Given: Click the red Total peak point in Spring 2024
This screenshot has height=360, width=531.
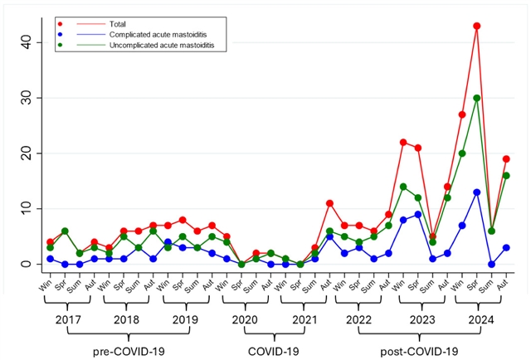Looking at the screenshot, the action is pyautogui.click(x=477, y=26).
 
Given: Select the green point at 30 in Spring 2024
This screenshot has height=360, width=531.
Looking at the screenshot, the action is pyautogui.click(x=477, y=98).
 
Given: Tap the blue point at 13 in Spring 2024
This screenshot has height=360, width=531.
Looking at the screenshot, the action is pyautogui.click(x=477, y=192).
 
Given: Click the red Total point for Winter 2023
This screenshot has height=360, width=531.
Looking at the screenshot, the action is pyautogui.click(x=403, y=142).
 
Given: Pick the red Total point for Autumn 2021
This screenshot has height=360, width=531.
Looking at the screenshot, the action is pyautogui.click(x=329, y=203).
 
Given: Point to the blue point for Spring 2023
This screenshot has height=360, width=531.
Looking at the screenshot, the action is pyautogui.click(x=418, y=214).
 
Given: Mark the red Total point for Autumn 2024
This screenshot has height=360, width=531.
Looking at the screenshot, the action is pyautogui.click(x=506, y=158).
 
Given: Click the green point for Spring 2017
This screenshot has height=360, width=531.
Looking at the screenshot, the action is pyautogui.click(x=65, y=231).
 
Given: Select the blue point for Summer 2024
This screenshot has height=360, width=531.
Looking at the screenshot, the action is pyautogui.click(x=491, y=264).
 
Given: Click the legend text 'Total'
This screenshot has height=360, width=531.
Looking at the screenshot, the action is pyautogui.click(x=118, y=24).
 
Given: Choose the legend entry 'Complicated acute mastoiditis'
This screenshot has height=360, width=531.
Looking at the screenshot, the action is pyautogui.click(x=158, y=35).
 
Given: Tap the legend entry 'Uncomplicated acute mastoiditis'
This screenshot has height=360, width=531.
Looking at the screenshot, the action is pyautogui.click(x=162, y=45).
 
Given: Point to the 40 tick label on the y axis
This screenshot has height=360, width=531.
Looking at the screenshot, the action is pyautogui.click(x=27, y=42).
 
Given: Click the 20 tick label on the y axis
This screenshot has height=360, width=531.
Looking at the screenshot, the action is pyautogui.click(x=27, y=153).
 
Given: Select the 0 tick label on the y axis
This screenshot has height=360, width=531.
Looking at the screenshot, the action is pyautogui.click(x=27, y=264).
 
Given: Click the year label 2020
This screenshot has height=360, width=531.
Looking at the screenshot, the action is pyautogui.click(x=245, y=319).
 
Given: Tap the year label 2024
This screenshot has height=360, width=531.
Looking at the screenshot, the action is pyautogui.click(x=481, y=319).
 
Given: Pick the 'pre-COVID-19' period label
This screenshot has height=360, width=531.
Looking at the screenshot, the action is pyautogui.click(x=129, y=352).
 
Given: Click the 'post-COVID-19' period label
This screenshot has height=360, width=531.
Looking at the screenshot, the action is pyautogui.click(x=419, y=352).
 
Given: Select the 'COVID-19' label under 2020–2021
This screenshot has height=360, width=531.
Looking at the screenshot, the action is pyautogui.click(x=274, y=352).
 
